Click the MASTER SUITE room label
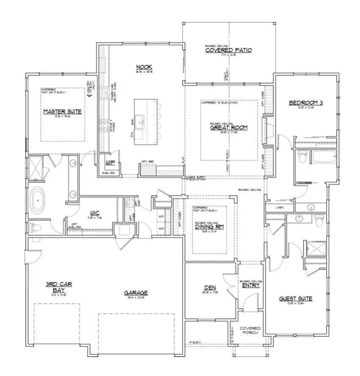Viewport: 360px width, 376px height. coord(62,111)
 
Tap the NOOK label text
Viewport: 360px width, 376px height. coord(144,67)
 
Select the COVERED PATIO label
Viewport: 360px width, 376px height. coord(228,50)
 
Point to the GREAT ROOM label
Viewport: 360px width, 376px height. coord(229,127)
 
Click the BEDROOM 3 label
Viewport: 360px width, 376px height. coord(306,103)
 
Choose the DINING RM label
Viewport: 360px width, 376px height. coord(209,227)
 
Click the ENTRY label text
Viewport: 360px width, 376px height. coord(251,285)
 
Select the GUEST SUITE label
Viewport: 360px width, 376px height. coord(295,298)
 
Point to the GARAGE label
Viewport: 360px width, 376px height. coord(136,292)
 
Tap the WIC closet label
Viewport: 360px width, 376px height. coord(94,213)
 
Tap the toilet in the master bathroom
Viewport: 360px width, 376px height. coord(35,228)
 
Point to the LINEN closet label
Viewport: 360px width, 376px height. coord(279,208)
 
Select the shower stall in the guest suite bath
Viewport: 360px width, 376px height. coord(315,248)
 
